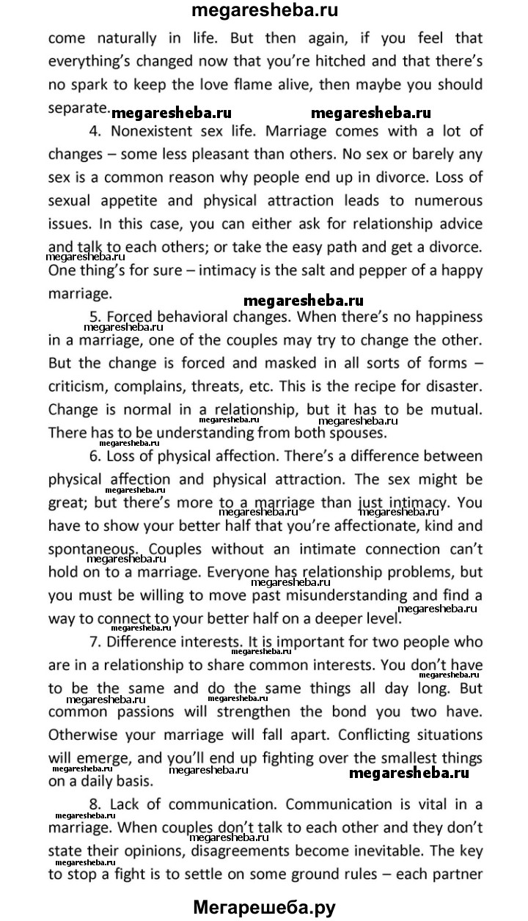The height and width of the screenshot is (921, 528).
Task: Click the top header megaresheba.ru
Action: (264, 11)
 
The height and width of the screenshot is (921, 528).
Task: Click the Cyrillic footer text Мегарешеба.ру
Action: (264, 907)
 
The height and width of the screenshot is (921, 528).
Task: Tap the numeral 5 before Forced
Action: (93, 318)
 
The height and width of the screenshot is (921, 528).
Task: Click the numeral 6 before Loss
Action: (93, 456)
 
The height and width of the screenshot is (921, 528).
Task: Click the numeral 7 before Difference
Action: (93, 642)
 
